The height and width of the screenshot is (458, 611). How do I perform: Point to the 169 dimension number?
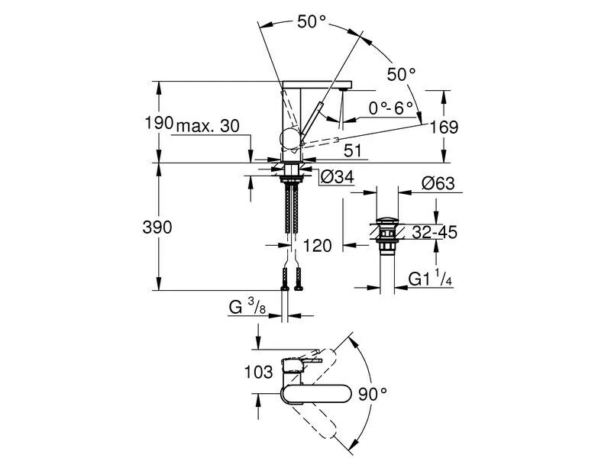click(444, 127)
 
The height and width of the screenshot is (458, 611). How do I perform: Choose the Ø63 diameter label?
click(438, 183)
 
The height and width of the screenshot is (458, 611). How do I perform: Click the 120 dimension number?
click(315, 246)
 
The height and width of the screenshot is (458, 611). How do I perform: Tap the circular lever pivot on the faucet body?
click(290, 138)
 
